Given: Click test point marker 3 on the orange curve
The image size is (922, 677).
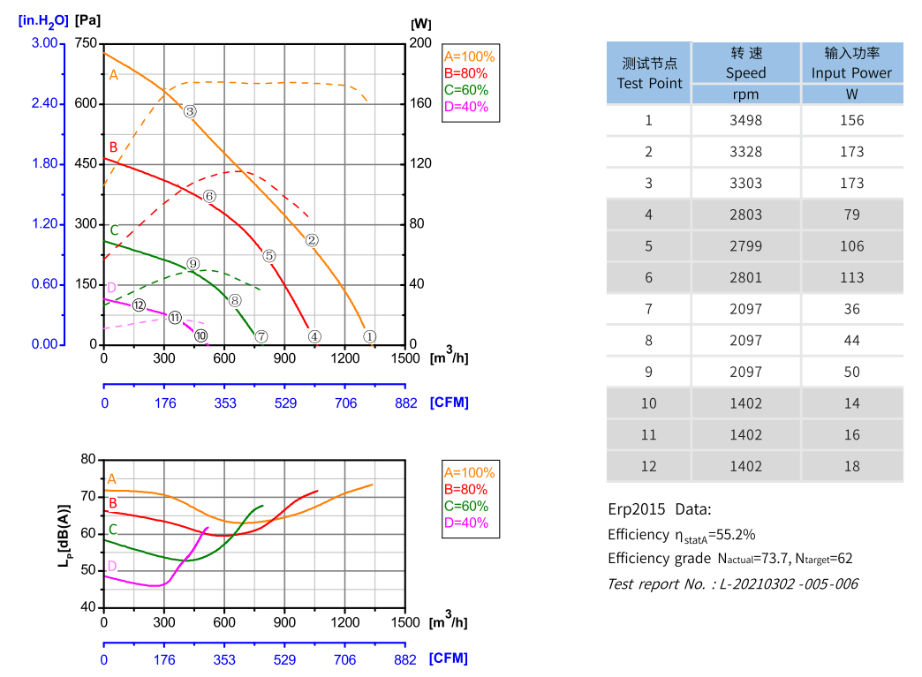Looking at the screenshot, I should (190, 111).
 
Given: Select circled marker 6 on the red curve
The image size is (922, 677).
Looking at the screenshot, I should (209, 196).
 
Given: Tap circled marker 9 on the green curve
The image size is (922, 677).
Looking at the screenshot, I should (193, 264).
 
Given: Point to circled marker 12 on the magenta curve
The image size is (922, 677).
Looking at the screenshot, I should (139, 305).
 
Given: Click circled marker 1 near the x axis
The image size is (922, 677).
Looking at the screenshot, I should (370, 336).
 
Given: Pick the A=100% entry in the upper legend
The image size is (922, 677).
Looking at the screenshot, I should (469, 56).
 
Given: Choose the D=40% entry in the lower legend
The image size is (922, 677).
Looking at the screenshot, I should (465, 523).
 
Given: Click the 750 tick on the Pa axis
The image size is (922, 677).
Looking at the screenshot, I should (86, 43).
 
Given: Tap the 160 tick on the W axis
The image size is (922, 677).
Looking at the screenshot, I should (421, 103).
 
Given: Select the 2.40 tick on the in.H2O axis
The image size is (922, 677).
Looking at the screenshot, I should (44, 103).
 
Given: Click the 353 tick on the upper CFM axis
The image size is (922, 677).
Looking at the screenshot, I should (224, 402).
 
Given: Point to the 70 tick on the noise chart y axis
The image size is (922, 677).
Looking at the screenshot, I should (87, 496).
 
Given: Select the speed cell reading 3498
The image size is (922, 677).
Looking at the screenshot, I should (745, 120).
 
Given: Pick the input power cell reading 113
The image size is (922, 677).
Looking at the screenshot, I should (851, 277).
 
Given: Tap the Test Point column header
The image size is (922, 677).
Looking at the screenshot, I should (649, 73).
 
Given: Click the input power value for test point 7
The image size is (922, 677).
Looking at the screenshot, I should (851, 309).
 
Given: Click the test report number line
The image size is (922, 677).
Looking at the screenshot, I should (732, 583).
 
